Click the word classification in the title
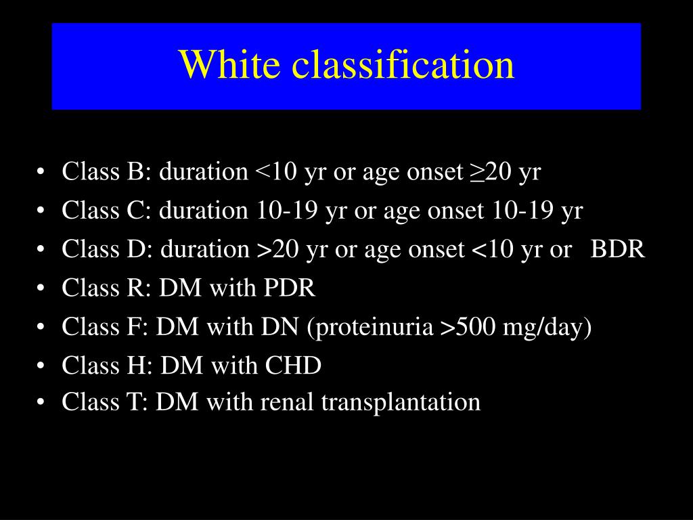[403, 65]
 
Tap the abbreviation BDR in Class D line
[618, 250]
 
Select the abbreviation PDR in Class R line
[290, 288]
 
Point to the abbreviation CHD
[292, 366]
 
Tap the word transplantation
[401, 402]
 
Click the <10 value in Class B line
[276, 172]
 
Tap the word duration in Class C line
[204, 211]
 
